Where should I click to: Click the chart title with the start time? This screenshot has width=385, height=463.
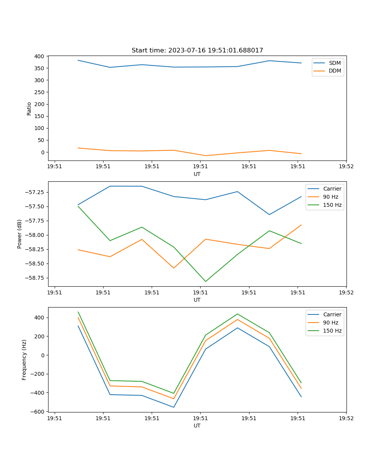tap(197, 51)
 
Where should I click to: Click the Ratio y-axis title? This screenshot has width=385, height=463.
tap(29, 108)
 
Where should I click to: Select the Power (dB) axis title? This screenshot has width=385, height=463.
tap(20, 234)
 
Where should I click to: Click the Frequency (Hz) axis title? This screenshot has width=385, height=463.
tap(24, 360)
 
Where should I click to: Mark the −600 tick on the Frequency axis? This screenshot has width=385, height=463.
tap(38, 412)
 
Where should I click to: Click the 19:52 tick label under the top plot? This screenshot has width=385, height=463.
tap(346, 167)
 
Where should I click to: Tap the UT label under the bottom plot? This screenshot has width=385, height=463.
tap(197, 426)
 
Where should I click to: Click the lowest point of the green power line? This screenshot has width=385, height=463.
tap(206, 281)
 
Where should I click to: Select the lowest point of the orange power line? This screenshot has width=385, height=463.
tap(174, 268)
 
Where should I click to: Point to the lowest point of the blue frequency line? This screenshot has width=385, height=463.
tap(174, 407)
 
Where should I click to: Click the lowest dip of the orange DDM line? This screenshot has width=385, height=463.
tap(206, 155)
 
